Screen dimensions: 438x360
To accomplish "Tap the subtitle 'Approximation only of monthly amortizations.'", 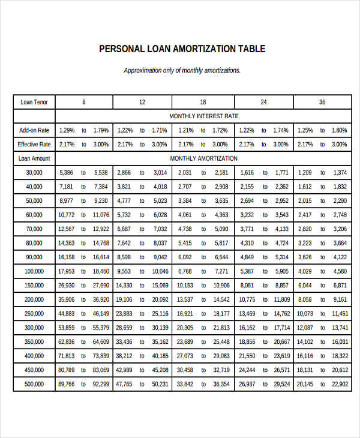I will point(182,70).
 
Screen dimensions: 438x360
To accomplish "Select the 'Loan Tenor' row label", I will point(34,102).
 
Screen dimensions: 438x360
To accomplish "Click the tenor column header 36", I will point(322,102).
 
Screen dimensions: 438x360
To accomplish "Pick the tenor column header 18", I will point(203,102).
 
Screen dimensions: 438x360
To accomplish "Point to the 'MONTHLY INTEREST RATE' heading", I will point(203,116).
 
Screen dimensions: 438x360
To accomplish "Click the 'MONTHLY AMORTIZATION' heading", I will point(203,158).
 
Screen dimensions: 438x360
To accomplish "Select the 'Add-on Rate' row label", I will point(34,130).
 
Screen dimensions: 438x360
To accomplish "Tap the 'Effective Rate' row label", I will point(34,145).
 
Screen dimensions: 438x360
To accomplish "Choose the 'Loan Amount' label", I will point(34,158).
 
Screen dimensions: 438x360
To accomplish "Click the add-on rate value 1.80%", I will point(340,130).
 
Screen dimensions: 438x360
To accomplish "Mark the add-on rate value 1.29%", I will point(66,130).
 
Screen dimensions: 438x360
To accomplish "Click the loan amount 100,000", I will point(34,271).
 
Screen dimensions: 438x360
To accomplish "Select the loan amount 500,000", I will point(34,384).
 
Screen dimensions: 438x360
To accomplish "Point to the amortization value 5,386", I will point(66,173).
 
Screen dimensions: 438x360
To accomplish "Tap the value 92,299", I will point(100,384).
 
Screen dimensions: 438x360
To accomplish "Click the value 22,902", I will point(340,384).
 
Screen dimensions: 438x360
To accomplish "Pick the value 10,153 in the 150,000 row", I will point(185,286).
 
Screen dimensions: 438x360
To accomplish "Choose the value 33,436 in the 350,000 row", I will point(124,342).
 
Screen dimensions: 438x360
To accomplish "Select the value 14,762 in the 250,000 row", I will point(282,314).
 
